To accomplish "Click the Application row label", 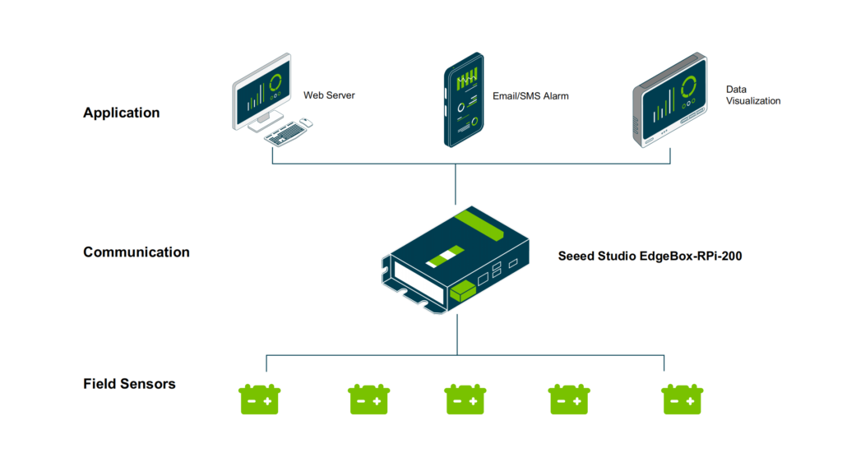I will click(121, 113).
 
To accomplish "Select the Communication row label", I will click(136, 252).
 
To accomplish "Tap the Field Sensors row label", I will click(129, 383).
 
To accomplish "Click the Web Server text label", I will click(329, 95).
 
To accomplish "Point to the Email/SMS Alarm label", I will click(530, 96).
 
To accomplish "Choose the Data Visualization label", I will click(752, 95).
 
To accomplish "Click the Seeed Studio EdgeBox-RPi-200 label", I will click(650, 256).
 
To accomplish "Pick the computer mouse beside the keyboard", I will click(305, 122).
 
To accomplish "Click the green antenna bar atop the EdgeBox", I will click(481, 224).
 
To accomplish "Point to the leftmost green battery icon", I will click(260, 400).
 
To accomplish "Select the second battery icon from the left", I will click(368, 400).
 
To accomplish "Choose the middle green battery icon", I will click(465, 400).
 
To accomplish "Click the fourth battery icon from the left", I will click(568, 400).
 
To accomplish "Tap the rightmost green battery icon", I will click(683, 400).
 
